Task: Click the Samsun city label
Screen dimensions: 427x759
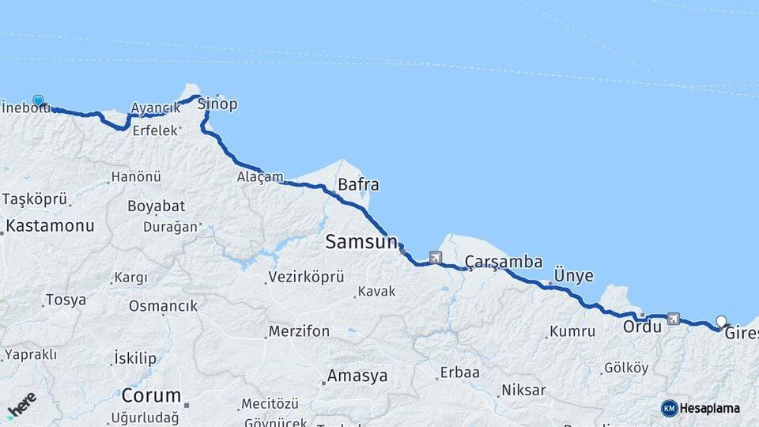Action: [x=361, y=243]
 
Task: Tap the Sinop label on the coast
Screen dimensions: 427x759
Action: [x=217, y=104]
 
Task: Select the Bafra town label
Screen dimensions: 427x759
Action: [x=358, y=185]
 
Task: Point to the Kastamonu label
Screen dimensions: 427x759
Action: [x=50, y=225]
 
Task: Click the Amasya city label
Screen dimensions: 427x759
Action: [x=357, y=376]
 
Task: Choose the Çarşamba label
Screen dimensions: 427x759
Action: [x=504, y=261]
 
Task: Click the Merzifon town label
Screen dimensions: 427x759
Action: [x=299, y=331]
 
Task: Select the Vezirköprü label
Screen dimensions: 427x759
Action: [x=306, y=277]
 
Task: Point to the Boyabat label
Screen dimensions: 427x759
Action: [x=156, y=206]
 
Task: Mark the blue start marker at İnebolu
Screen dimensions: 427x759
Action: [x=38, y=101]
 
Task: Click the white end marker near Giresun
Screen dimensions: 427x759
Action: [x=721, y=321]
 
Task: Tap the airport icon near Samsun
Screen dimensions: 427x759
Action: [x=436, y=257]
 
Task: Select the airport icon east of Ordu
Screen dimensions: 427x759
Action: [x=673, y=318]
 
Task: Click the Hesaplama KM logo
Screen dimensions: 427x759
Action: [x=700, y=408]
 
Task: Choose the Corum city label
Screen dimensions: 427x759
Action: [x=151, y=395]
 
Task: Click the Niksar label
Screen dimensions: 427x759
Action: [x=523, y=391]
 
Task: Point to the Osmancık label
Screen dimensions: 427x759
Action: [x=163, y=305]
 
